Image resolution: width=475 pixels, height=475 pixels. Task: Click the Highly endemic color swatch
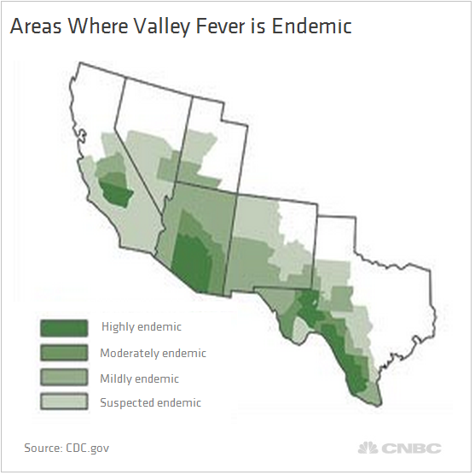pyautogui.click(x=63, y=328)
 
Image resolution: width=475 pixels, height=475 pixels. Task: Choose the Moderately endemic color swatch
pyautogui.click(x=63, y=353)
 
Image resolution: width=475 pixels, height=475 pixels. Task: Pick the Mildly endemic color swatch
pyautogui.click(x=63, y=378)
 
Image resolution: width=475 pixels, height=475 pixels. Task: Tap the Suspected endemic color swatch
pyautogui.click(x=63, y=402)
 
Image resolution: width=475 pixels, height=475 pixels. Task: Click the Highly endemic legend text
pyautogui.click(x=142, y=327)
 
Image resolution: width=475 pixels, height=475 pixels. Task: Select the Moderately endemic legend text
pyautogui.click(x=153, y=353)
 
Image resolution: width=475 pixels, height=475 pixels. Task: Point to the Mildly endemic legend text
pyautogui.click(x=140, y=378)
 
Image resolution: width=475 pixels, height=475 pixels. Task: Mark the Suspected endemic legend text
pyautogui.click(x=151, y=402)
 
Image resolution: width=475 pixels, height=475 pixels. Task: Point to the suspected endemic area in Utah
pyautogui.click(x=201, y=145)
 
